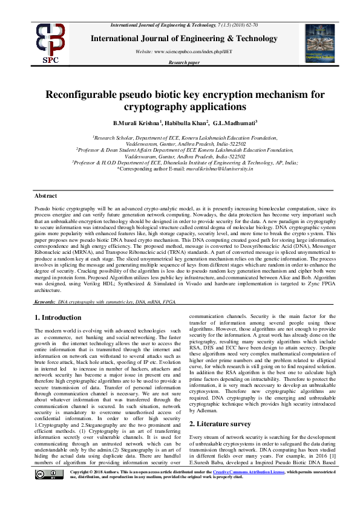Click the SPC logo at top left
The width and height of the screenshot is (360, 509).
tap(51, 42)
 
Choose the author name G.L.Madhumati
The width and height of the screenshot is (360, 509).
tap(235, 123)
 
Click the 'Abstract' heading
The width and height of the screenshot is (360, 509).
tap(45, 196)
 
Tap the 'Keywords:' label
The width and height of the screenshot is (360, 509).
tap(45, 301)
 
